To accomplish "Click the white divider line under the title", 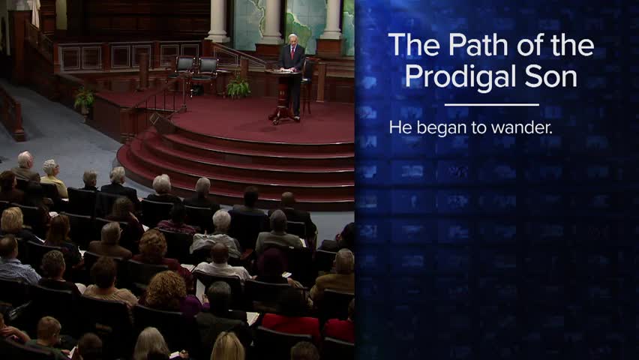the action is (492, 105).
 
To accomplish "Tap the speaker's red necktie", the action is (292, 53).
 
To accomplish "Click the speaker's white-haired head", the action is (292, 40).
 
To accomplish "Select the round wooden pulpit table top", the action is (283, 72).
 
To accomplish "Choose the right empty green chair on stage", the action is (206, 68).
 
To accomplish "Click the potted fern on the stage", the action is (238, 88).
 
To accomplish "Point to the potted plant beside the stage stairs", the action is (84, 100).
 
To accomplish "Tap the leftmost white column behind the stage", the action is (217, 20).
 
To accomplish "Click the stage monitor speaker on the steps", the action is (162, 123).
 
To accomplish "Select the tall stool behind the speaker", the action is (307, 85).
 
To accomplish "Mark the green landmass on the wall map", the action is (301, 25).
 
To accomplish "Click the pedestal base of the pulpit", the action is (283, 115).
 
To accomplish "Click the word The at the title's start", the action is (415, 44).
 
